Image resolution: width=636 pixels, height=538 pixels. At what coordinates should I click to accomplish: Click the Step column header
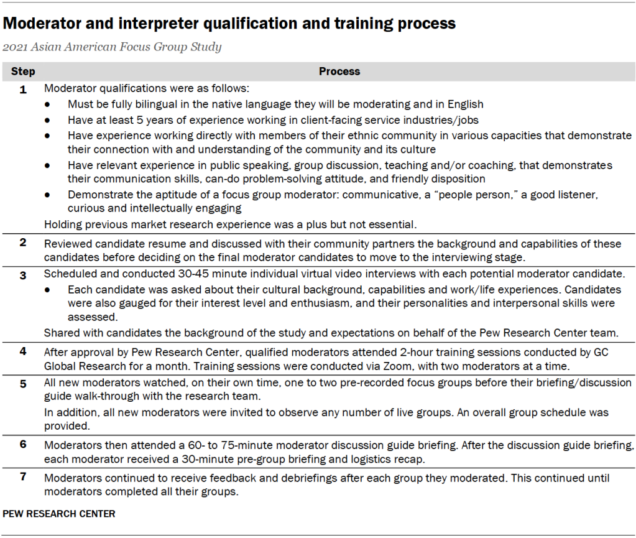coord(23,72)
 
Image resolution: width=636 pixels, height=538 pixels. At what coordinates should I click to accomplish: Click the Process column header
coord(339,72)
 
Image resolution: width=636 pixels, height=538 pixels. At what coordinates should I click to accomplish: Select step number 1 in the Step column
coord(23,90)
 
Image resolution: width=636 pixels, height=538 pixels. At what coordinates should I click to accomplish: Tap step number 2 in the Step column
coord(23,243)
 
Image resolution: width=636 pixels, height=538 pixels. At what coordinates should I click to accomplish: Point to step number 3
coord(23,275)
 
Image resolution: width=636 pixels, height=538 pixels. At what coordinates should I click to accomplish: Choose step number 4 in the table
coord(23,351)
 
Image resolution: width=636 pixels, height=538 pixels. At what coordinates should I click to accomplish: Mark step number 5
coord(23,384)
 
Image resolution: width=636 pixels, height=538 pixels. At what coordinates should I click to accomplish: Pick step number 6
coord(23,445)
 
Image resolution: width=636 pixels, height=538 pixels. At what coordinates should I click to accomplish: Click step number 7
coord(23,478)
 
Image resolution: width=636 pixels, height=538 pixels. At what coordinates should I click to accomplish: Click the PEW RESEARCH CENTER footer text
coord(59,514)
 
